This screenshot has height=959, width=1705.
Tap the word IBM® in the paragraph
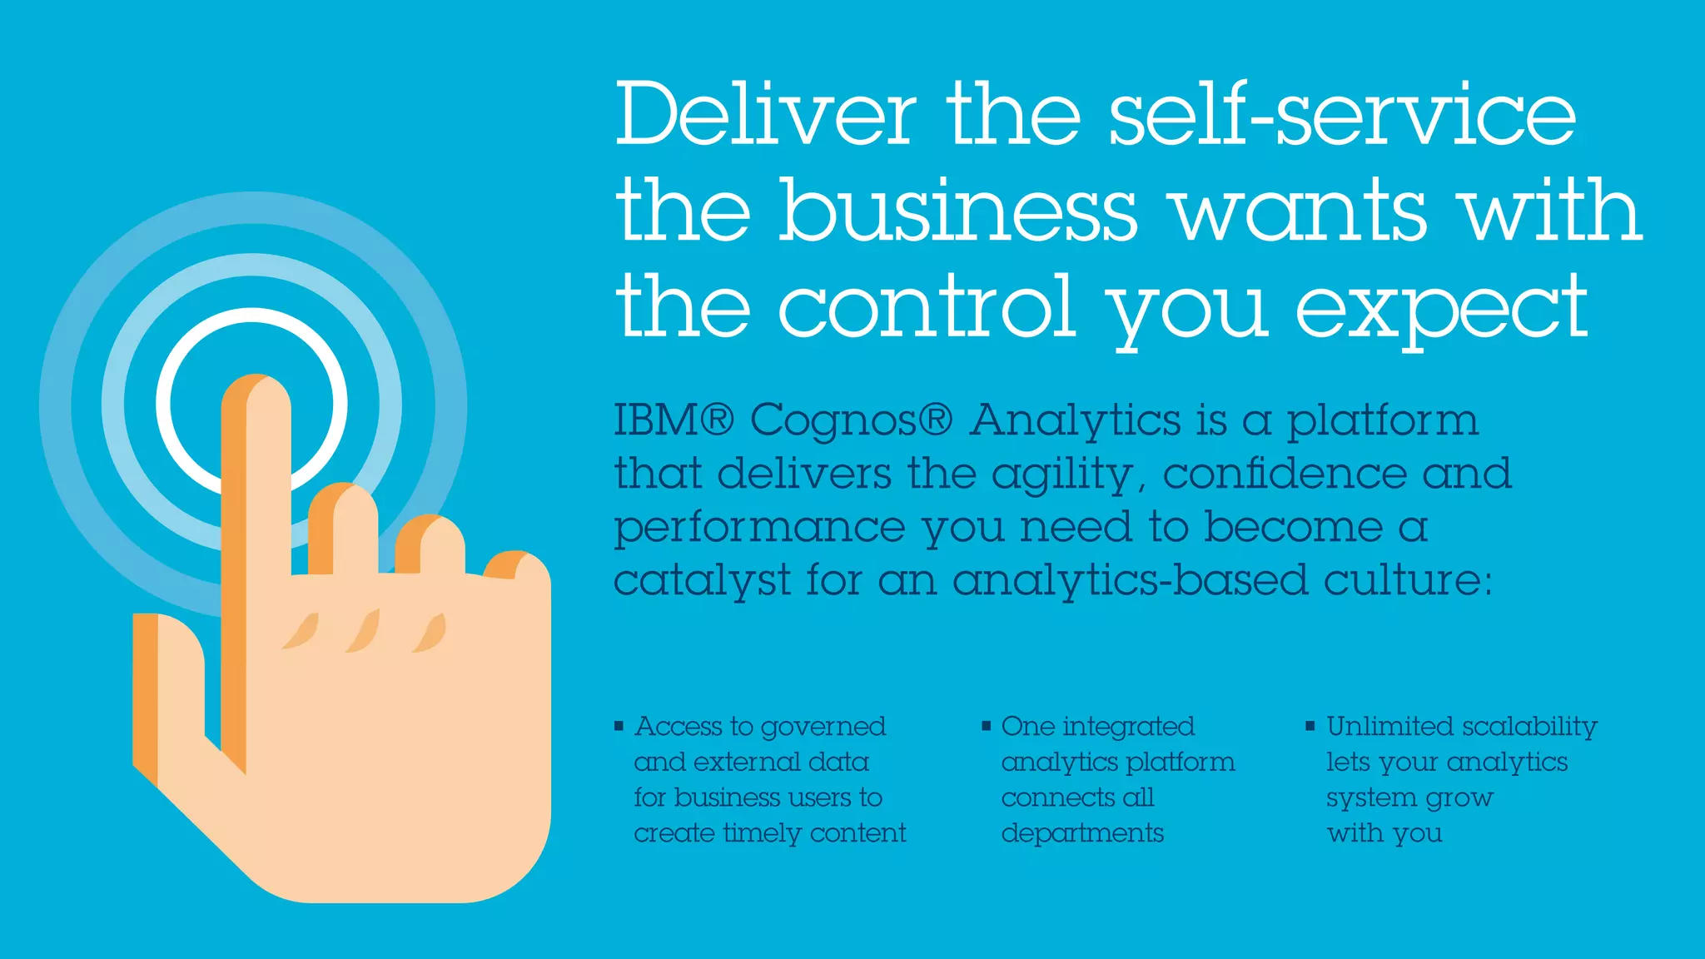click(674, 420)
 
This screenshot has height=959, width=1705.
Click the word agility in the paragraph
click(1062, 475)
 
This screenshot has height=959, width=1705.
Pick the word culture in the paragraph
click(1407, 579)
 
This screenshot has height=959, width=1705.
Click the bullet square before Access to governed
click(619, 727)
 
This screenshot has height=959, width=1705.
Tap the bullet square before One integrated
click(986, 727)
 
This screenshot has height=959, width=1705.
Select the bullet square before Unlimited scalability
click(1310, 727)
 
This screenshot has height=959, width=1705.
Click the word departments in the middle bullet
click(1082, 833)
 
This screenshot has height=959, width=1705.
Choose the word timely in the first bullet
click(762, 833)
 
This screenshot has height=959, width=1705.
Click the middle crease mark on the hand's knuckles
click(364, 632)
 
